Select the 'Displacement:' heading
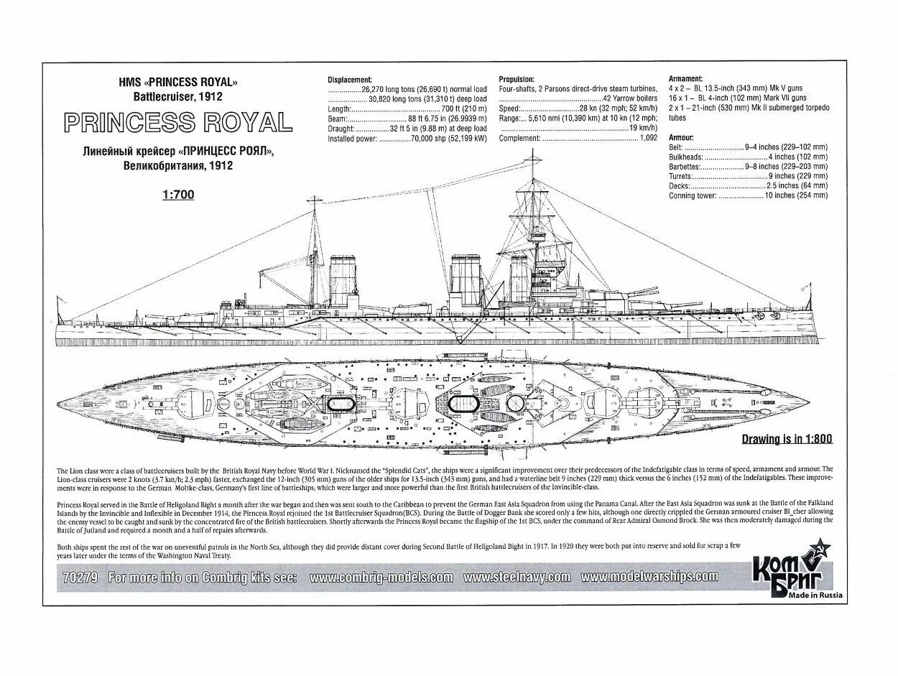pyautogui.click(x=350, y=80)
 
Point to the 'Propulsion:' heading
pyautogui.click(x=516, y=80)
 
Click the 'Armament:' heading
pyautogui.click(x=685, y=78)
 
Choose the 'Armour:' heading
pyautogui.click(x=681, y=136)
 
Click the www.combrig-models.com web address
pyautogui.click(x=381, y=577)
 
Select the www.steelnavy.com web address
pyautogui.click(x=517, y=577)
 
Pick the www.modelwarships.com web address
pyautogui.click(x=649, y=576)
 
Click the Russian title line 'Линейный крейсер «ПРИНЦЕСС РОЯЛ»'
pyautogui.click(x=177, y=152)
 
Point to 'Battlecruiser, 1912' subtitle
pyautogui.click(x=177, y=96)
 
